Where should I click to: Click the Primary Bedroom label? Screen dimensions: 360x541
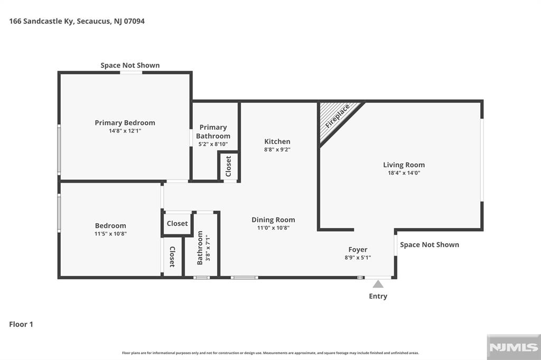coord(125,122)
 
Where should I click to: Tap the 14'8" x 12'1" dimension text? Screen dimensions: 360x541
coord(125,130)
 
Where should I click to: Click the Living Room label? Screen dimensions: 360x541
coord(404,165)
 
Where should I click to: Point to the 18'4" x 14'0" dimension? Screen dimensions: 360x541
coord(404,172)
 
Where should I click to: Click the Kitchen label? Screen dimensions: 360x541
coord(277,141)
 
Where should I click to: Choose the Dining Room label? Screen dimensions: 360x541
coord(273,220)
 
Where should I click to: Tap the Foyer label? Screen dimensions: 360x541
coord(358,250)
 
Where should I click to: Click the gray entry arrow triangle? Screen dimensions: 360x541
coord(378,284)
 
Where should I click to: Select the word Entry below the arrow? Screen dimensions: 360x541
coord(378,296)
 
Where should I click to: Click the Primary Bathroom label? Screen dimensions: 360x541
coord(213,131)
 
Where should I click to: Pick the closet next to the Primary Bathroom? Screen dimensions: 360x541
coord(229,166)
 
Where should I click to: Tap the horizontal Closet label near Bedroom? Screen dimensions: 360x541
coord(177,223)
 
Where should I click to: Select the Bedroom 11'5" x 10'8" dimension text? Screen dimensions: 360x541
coord(110,233)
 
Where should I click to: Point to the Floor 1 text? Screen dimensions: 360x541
coord(21,324)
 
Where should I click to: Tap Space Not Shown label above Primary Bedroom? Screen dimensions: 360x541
coord(130,65)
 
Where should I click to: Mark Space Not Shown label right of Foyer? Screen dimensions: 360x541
coord(430,244)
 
